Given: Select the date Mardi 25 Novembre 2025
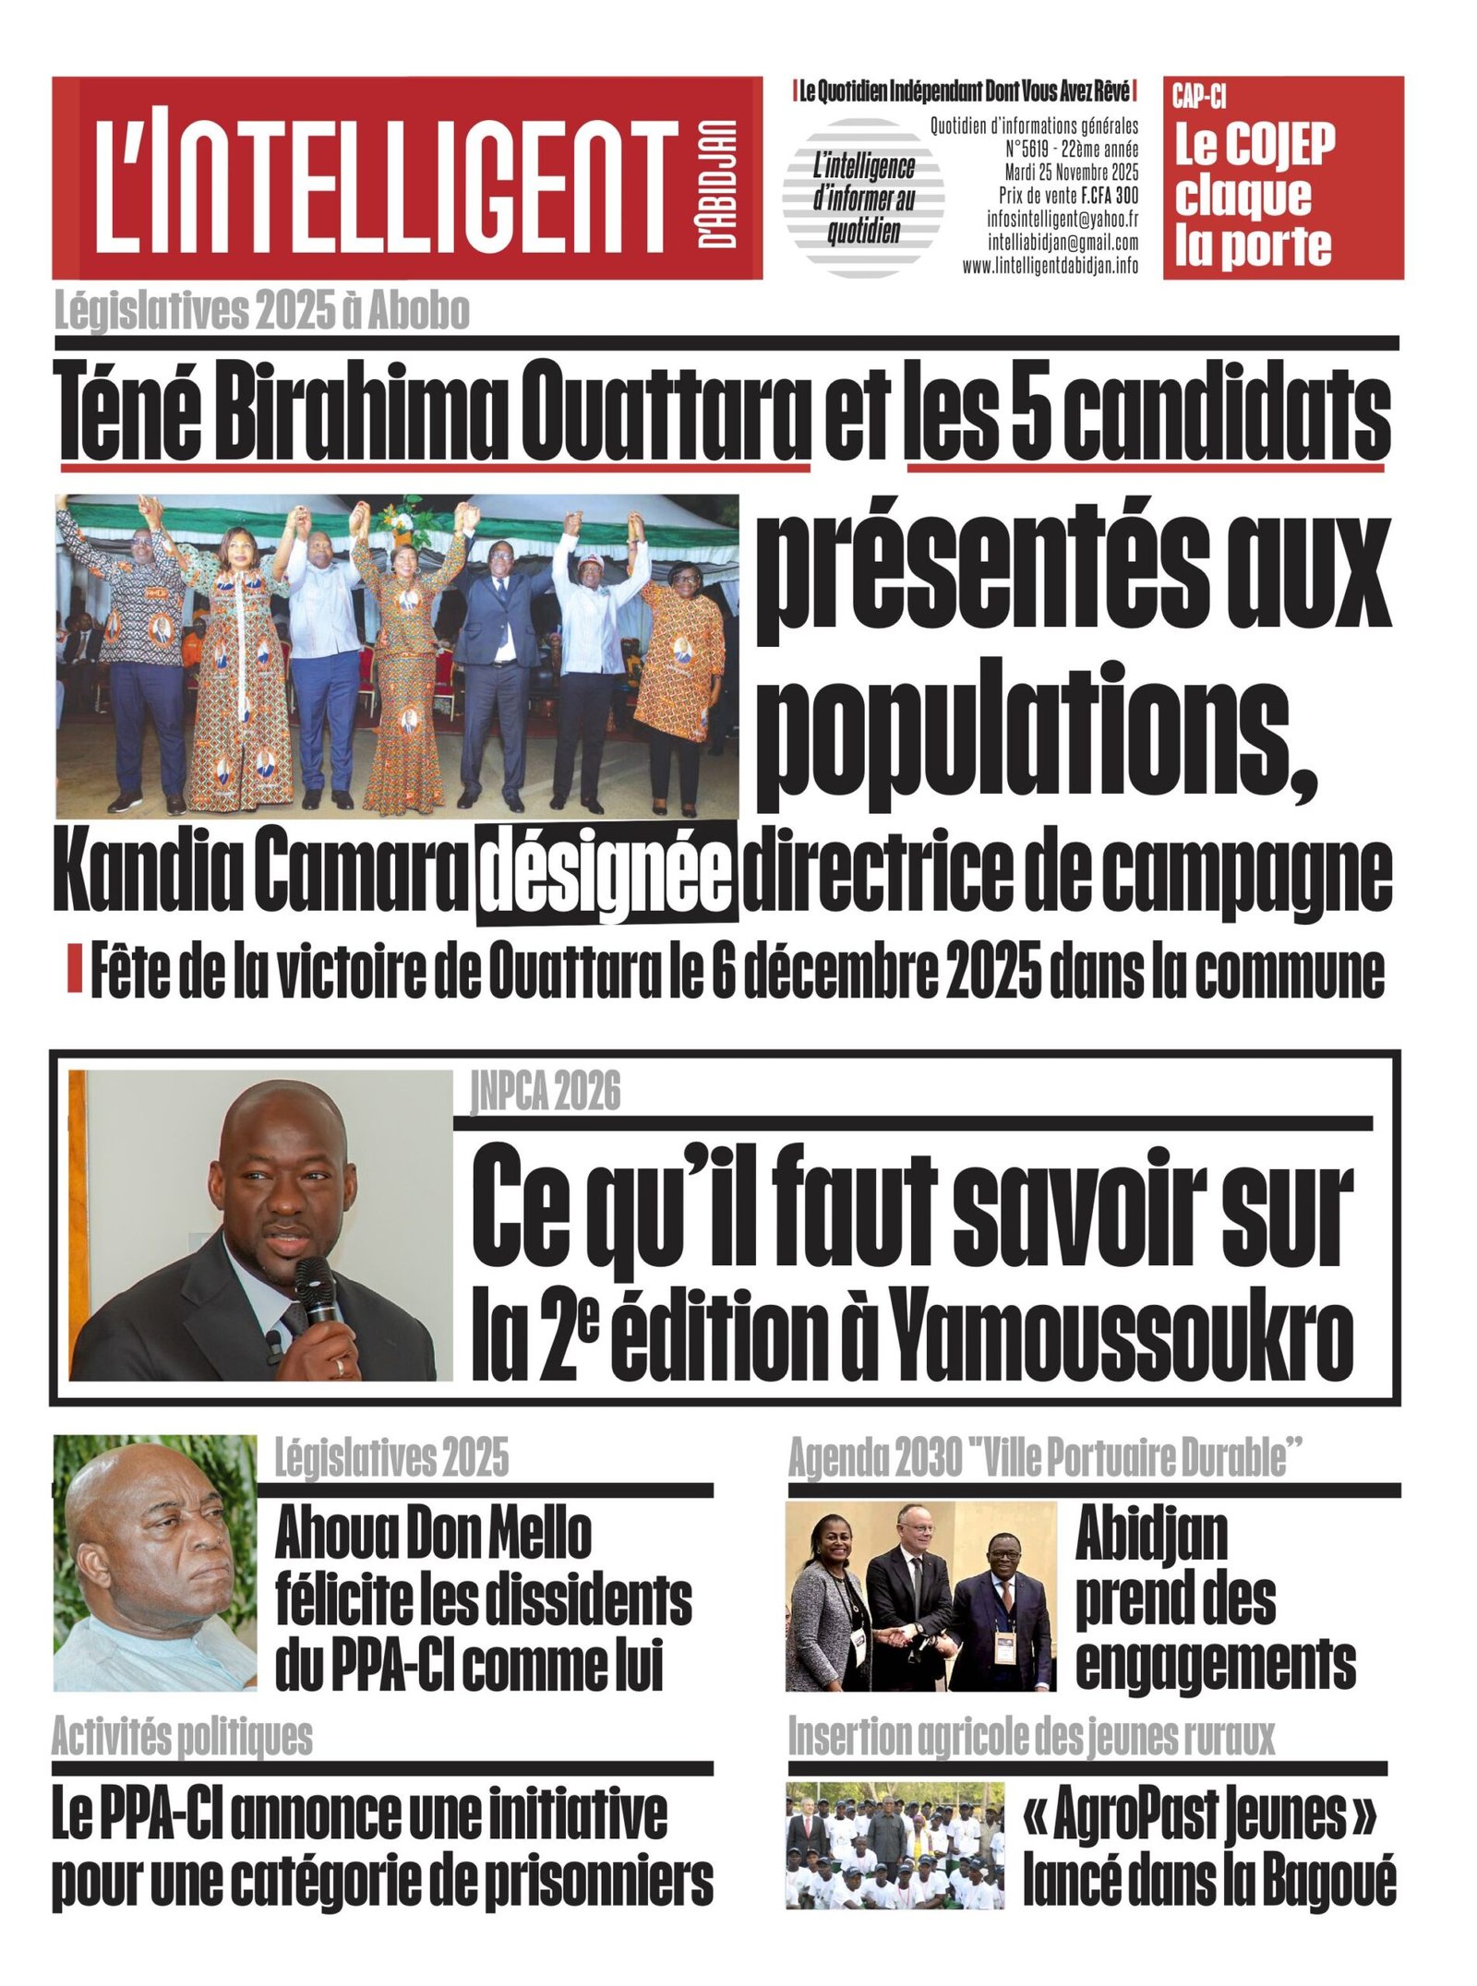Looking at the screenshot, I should click(1071, 173).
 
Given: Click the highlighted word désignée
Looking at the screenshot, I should click(606, 870).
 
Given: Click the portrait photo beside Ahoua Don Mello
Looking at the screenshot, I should click(154, 1563).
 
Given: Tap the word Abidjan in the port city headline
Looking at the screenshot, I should click(1151, 1535).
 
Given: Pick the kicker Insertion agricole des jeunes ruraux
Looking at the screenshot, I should click(1030, 1738).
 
